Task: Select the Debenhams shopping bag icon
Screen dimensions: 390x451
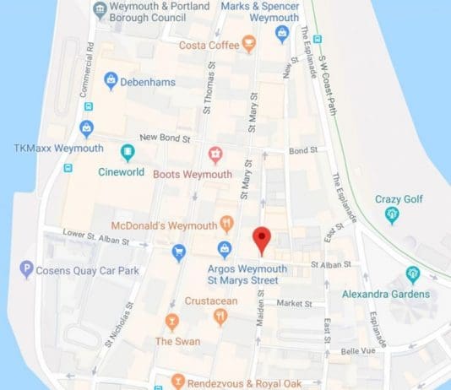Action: click(x=111, y=80)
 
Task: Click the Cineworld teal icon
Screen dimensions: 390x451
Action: click(x=128, y=153)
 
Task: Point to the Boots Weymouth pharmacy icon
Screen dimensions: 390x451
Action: click(x=215, y=154)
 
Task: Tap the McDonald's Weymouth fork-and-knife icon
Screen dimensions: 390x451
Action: click(x=226, y=224)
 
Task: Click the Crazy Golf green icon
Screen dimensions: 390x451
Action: click(x=392, y=215)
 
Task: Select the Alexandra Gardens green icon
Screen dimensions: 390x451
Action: click(x=413, y=274)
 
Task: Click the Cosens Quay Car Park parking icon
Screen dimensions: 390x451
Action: click(x=27, y=270)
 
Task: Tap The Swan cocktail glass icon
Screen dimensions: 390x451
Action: click(x=172, y=322)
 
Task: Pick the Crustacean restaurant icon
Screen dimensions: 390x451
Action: click(x=220, y=317)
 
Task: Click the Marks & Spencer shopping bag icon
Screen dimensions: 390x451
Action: click(x=283, y=33)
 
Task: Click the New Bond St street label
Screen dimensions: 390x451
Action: click(x=160, y=137)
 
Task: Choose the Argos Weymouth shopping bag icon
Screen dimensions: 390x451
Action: click(x=225, y=249)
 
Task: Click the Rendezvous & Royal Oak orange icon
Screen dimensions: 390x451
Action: click(x=177, y=381)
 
